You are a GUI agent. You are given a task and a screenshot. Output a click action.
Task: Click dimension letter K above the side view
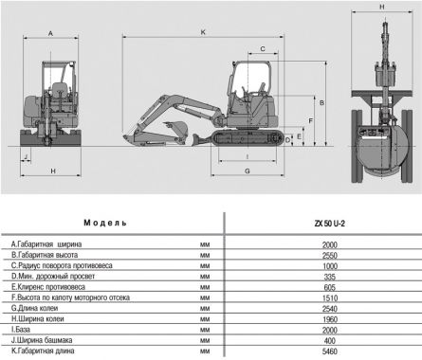pos(203,32)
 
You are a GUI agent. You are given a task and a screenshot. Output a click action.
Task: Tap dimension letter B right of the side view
pos(322,101)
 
